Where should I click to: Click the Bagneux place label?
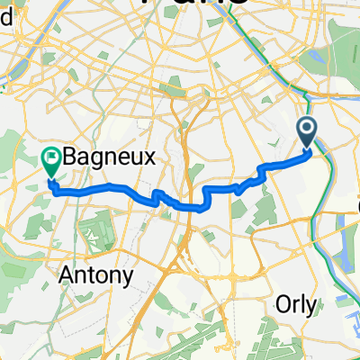[x=111, y=157]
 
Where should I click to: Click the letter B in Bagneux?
[x=70, y=157]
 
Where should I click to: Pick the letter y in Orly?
[x=310, y=307]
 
